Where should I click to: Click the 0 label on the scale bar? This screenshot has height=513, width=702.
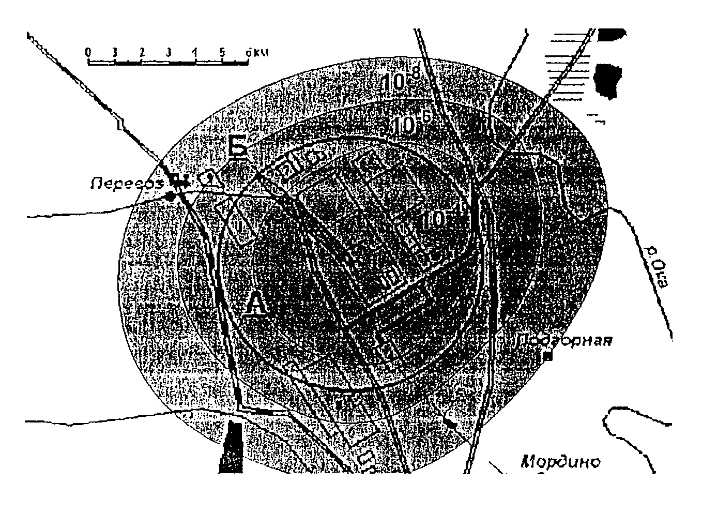pyautogui.click(x=88, y=52)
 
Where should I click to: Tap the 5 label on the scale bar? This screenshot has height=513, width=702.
pyautogui.click(x=222, y=52)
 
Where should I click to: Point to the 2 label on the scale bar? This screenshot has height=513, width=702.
pyautogui.click(x=141, y=52)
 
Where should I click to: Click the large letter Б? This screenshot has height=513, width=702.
pyautogui.click(x=238, y=147)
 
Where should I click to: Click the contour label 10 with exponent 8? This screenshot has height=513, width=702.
pyautogui.click(x=401, y=81)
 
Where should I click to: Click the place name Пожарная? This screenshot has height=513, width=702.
pyautogui.click(x=566, y=341)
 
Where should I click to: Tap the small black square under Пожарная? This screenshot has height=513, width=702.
pyautogui.click(x=549, y=356)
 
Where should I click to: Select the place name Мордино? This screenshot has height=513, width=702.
pyautogui.click(x=561, y=461)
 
